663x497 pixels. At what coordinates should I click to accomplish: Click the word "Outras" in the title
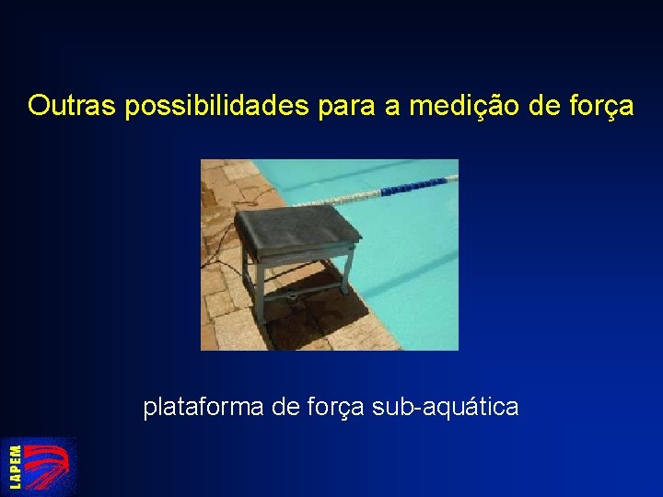coord(73,107)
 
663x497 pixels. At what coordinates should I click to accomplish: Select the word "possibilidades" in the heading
coord(217,107)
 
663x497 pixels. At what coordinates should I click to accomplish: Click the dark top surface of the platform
coord(296,228)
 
